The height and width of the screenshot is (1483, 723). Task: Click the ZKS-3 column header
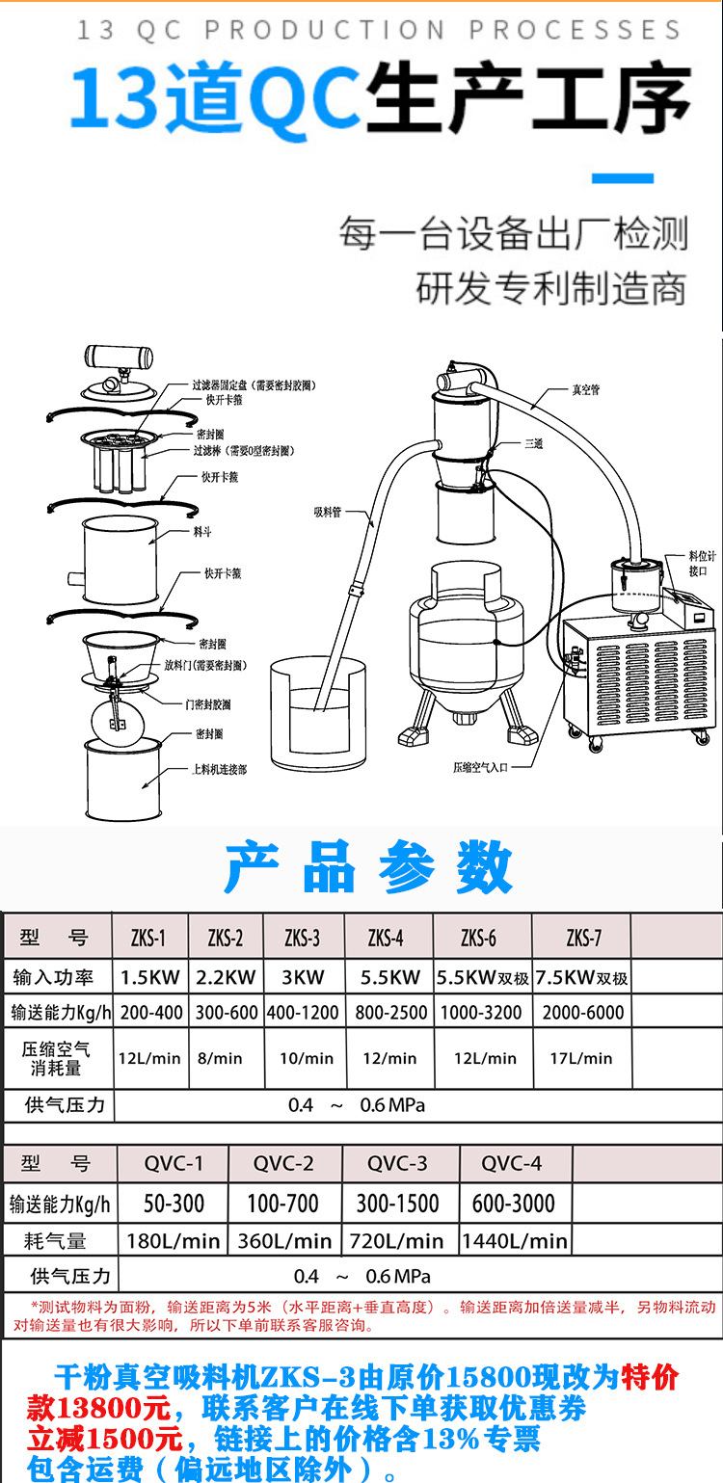[x=303, y=938]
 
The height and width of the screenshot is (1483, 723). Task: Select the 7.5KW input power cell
[x=581, y=977]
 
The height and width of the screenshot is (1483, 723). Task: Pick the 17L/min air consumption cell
[x=581, y=1058]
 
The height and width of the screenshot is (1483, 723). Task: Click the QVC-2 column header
[x=283, y=1163]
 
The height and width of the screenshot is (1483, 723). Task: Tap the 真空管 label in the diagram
[x=586, y=390]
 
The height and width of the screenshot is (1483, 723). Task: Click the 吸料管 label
[x=327, y=512]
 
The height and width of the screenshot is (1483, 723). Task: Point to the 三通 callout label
[x=533, y=444]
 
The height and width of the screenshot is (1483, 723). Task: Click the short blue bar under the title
[x=621, y=178]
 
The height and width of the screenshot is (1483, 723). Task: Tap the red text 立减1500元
[x=105, y=1440]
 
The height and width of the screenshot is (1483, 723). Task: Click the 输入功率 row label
[x=54, y=977]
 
